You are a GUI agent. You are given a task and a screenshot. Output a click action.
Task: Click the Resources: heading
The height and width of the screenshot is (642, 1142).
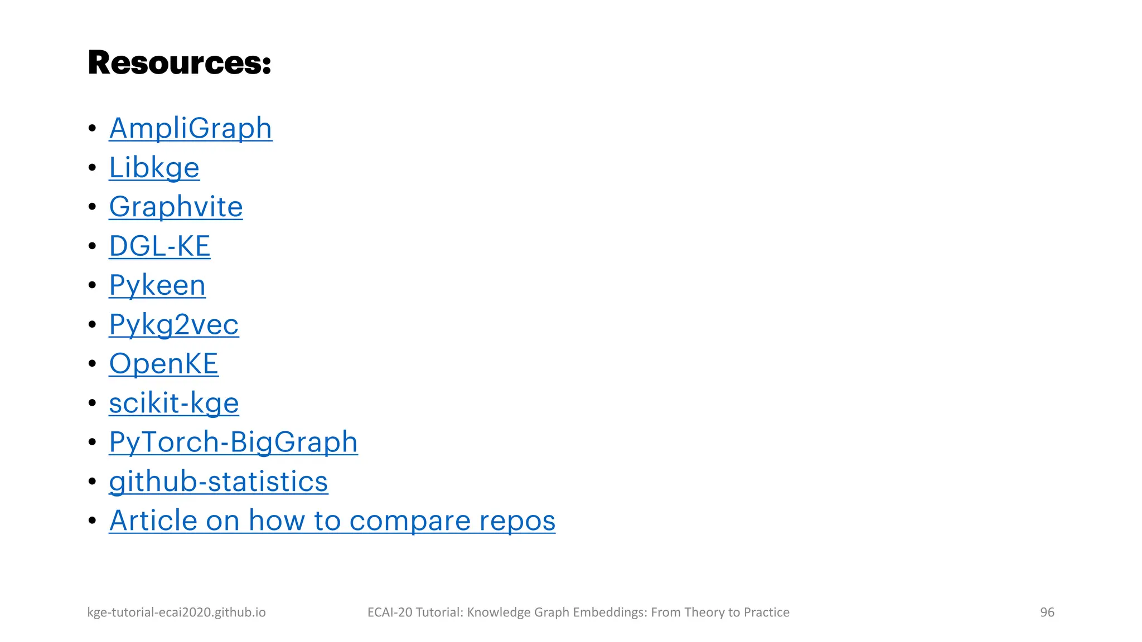[180, 62]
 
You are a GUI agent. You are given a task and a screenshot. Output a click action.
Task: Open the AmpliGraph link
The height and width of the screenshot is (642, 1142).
[191, 128]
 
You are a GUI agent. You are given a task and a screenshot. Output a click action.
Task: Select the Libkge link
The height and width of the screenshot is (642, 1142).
[154, 168]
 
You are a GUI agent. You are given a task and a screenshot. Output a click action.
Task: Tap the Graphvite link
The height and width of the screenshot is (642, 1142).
[176, 207]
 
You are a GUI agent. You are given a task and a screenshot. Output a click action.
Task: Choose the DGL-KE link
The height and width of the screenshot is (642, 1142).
[159, 246]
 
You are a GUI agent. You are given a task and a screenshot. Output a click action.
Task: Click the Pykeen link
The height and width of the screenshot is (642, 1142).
[157, 285]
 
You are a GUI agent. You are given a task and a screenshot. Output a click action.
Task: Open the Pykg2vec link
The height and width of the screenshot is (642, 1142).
[173, 324]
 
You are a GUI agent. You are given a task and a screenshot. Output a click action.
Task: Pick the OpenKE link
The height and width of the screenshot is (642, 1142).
[163, 364]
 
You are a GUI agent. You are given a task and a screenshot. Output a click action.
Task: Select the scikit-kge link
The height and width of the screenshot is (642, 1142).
[173, 403]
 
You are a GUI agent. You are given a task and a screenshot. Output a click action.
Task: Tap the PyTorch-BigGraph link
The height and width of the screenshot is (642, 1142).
[233, 442]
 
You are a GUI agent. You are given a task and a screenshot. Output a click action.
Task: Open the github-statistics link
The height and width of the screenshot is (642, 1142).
[218, 481]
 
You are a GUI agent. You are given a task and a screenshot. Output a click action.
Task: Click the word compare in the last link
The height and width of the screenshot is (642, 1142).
[410, 521]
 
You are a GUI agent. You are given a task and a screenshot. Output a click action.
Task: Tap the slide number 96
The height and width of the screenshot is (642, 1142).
[1047, 612]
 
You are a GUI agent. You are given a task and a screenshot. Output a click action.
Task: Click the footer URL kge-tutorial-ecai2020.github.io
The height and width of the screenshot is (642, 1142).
[176, 612]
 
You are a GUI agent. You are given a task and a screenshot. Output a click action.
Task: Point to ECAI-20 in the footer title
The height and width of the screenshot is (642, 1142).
[390, 612]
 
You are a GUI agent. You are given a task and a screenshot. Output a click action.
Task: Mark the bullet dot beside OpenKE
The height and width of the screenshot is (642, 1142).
[93, 364]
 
